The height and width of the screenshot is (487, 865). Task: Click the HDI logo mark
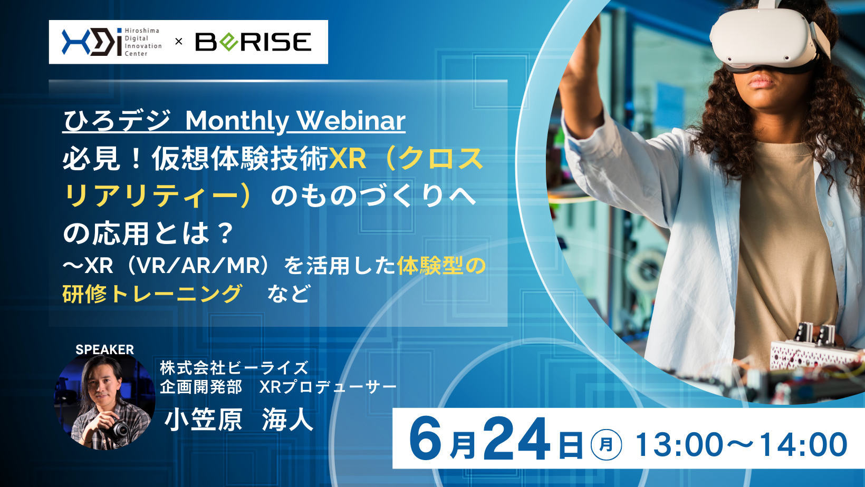(x=92, y=42)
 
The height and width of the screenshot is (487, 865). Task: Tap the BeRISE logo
(x=253, y=42)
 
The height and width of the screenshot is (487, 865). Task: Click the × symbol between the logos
(x=178, y=42)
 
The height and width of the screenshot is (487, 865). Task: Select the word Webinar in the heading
(x=351, y=121)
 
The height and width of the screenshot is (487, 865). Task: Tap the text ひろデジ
(x=117, y=121)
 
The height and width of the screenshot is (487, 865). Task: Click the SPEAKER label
(x=104, y=349)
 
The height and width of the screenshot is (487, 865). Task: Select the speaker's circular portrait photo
(x=105, y=402)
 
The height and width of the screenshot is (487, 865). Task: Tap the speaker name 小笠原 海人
(x=239, y=420)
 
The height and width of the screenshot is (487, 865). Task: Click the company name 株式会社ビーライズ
(x=234, y=368)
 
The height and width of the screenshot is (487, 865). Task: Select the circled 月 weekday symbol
(x=606, y=444)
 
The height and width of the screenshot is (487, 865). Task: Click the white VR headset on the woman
(x=768, y=38)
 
